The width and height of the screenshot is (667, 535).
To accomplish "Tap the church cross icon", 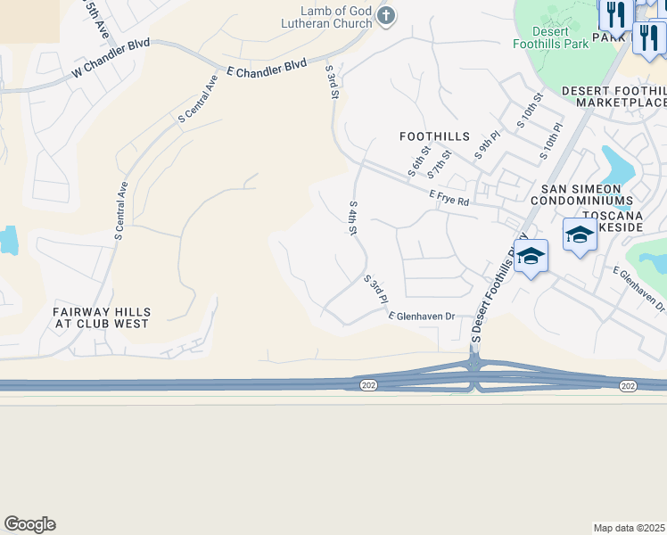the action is click(385, 15).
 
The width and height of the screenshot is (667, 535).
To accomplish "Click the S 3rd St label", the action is click(333, 81).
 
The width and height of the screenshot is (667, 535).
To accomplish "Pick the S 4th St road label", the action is click(353, 218).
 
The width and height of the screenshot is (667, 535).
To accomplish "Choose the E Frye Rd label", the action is click(449, 198).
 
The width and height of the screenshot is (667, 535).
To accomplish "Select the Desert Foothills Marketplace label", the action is click(613, 96).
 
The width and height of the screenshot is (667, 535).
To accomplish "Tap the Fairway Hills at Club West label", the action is click(101, 317).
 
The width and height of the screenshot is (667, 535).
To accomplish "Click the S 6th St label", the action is click(417, 160).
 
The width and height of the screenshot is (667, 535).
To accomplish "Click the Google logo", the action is click(29, 524).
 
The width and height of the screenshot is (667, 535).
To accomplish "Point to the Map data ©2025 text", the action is click(629, 528).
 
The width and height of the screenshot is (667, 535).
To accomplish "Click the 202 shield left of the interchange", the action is click(368, 384).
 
